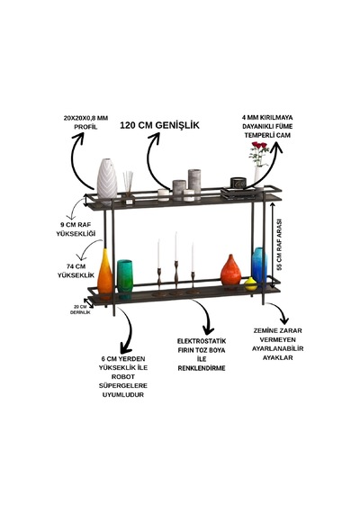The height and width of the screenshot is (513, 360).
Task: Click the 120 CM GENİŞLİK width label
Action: click(x=159, y=125)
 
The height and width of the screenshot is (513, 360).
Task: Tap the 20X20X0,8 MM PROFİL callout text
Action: click(x=85, y=122)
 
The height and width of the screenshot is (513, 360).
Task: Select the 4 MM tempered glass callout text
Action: click(x=267, y=126)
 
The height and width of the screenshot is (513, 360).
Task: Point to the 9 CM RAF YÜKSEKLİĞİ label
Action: click(x=76, y=229)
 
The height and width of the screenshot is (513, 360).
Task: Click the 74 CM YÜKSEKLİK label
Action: click(x=76, y=271)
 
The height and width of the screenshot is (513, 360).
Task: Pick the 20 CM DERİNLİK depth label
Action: click(x=80, y=310)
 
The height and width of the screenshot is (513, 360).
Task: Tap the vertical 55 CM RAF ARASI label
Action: click(x=279, y=244)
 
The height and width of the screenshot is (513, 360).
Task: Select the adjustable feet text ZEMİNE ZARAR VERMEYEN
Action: click(x=277, y=335)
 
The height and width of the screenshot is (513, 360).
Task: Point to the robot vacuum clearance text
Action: click(x=123, y=376)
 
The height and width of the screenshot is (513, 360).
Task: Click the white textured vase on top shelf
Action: click(x=107, y=179)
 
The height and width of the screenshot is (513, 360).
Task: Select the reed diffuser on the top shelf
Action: click(x=129, y=187)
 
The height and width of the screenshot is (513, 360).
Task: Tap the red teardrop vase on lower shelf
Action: click(x=230, y=270)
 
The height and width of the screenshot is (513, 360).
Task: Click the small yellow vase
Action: click(x=251, y=284)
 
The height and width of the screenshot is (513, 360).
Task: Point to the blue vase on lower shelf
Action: click(x=259, y=265)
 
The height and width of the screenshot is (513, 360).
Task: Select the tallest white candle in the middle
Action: click(x=175, y=247)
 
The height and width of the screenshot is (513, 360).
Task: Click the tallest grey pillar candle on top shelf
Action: click(x=194, y=184)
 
